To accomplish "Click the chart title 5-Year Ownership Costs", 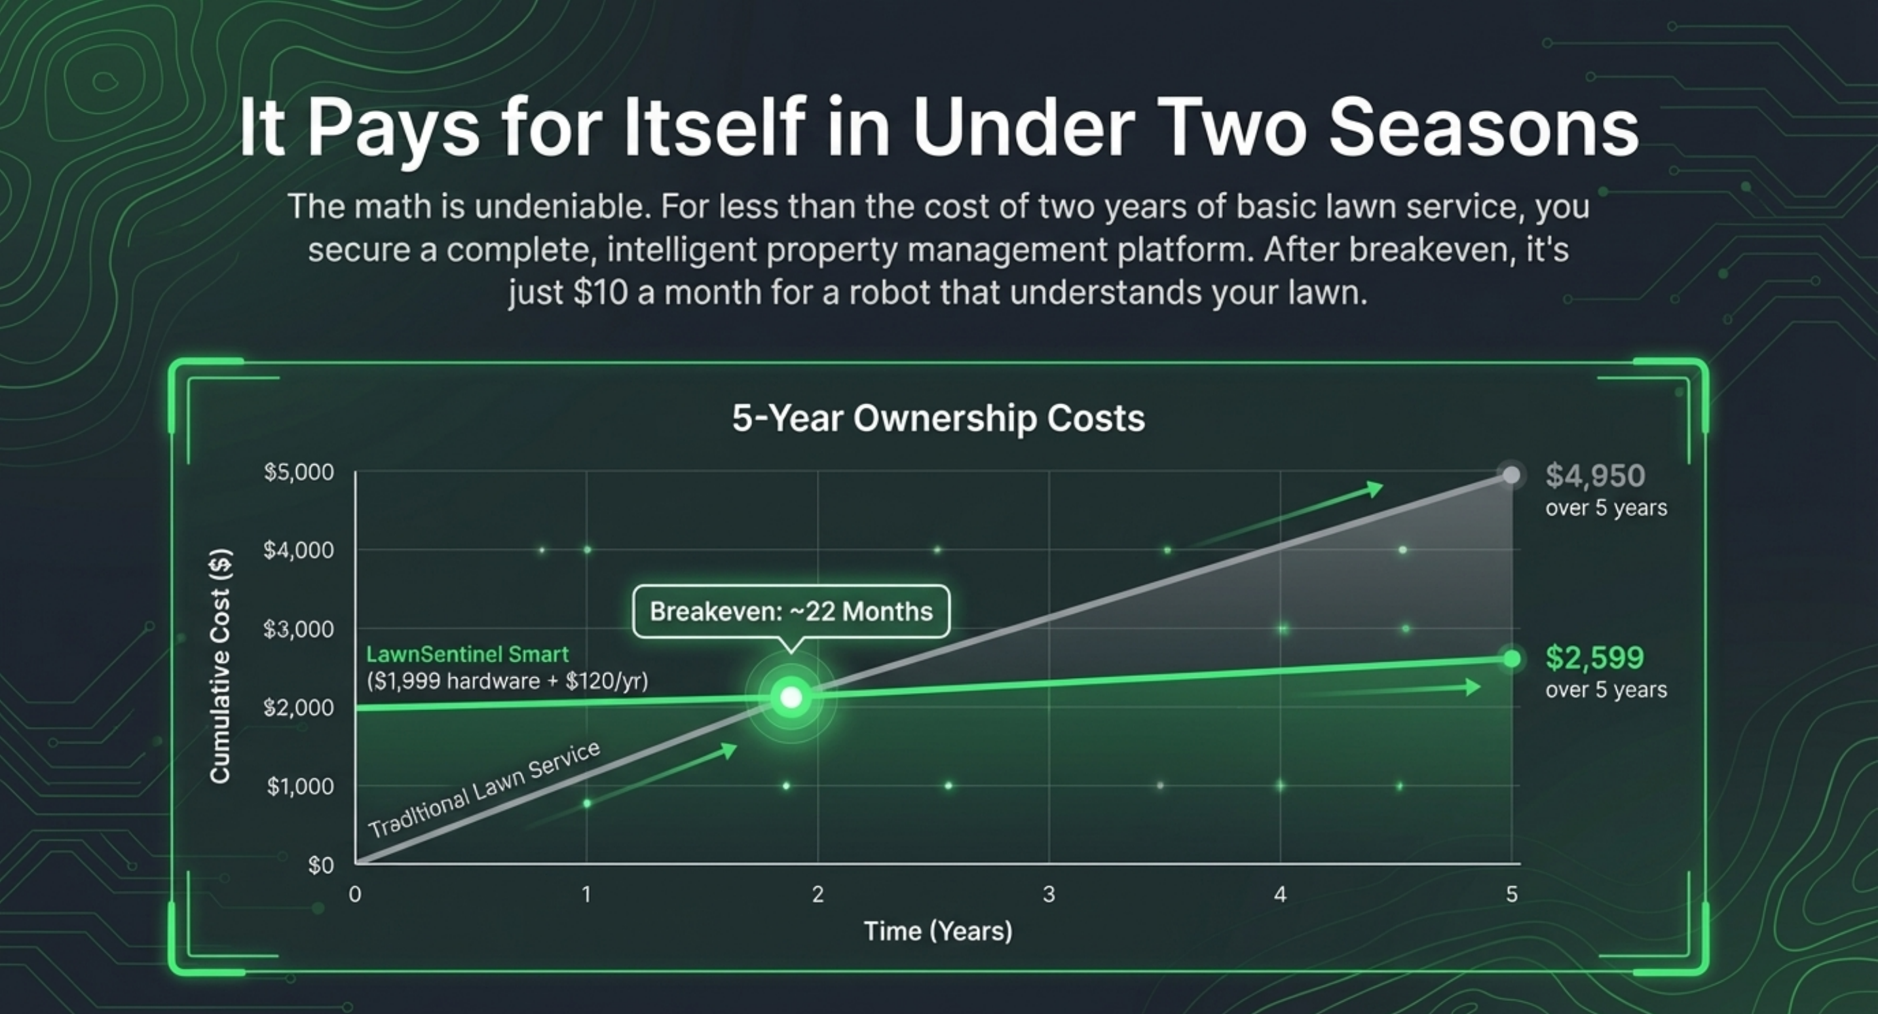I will coord(938,419).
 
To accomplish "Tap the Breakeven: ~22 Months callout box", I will coord(791,611).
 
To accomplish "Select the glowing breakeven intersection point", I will coord(791,698).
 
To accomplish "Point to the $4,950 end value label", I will coord(1595,476).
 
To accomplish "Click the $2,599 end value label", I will coord(1594,658).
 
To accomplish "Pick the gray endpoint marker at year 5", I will coord(1512,476).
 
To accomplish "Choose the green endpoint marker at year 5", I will coord(1512,659).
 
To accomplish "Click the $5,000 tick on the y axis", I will coord(299,472).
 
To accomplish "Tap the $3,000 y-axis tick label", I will coord(299,629).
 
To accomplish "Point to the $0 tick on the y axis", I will coord(321,865).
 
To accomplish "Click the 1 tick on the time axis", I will coord(586,894).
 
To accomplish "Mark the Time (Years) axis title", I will coord(938,931).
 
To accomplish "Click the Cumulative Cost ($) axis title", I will coord(220,666).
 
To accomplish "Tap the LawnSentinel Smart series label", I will coord(467,654).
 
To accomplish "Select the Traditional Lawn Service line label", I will coord(484,789).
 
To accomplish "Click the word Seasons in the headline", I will coord(1483,128).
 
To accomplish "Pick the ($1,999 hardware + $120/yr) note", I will coord(508,681).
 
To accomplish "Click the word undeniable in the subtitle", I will coord(562,207).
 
